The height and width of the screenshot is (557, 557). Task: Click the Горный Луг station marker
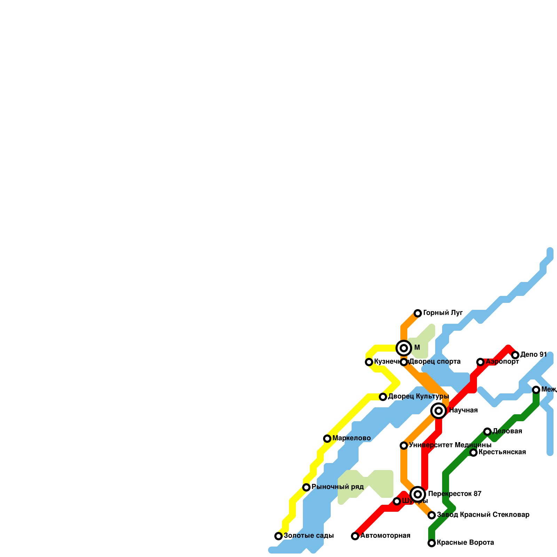(418, 313)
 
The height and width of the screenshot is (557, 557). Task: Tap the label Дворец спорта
(435, 362)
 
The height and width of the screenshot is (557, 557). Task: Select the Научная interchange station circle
(439, 411)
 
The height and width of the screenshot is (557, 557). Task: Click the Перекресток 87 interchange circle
(418, 494)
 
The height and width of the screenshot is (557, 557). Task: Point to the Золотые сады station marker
(278, 536)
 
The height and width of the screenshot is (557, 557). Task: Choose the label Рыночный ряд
(337, 487)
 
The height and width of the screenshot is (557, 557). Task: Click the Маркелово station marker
(327, 439)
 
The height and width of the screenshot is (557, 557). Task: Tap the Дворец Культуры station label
(418, 397)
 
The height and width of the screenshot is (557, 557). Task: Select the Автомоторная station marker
(355, 536)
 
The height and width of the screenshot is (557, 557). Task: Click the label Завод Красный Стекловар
(483, 515)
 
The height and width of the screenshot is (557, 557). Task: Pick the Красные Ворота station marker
(432, 543)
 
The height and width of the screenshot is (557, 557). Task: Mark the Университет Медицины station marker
(404, 446)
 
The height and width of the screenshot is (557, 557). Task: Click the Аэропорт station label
(502, 362)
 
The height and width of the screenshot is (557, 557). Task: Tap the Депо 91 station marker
(515, 355)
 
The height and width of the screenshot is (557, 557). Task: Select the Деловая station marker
(487, 432)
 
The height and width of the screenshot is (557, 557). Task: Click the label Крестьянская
(502, 453)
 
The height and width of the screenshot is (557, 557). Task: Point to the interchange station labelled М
(404, 348)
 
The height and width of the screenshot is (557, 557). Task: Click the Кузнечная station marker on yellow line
(369, 362)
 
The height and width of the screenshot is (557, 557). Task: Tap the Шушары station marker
(397, 501)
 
